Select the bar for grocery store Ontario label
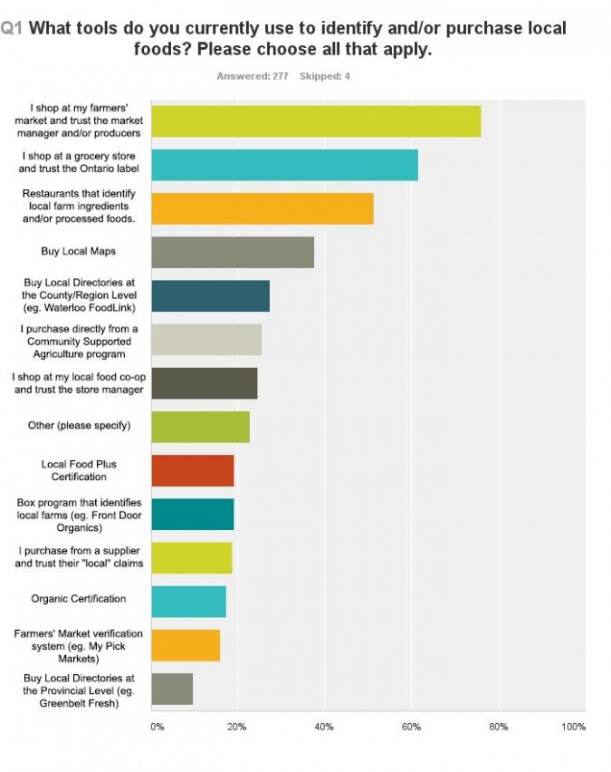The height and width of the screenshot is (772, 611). (284, 165)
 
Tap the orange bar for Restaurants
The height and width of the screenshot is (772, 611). (262, 208)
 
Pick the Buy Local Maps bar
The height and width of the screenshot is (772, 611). (232, 252)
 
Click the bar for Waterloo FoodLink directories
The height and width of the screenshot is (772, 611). (210, 295)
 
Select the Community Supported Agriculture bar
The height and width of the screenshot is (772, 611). (205, 339)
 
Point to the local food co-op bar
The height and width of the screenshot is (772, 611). (204, 382)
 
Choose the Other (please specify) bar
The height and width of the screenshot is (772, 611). (200, 426)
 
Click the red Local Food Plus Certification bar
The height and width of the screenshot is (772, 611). (192, 470)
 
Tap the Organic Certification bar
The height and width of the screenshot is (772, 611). (188, 601)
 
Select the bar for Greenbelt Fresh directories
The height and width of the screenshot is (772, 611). (171, 690)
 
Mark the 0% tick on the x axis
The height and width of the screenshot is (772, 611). (157, 727)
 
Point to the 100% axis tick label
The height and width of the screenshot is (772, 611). (574, 727)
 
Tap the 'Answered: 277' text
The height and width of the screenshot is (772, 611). (252, 76)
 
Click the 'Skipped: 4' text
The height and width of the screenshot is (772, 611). (324, 76)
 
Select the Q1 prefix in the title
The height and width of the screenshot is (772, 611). (12, 29)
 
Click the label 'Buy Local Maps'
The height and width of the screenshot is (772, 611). (77, 251)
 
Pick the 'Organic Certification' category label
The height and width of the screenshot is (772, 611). (79, 600)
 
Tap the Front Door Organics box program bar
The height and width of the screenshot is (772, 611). (192, 514)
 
